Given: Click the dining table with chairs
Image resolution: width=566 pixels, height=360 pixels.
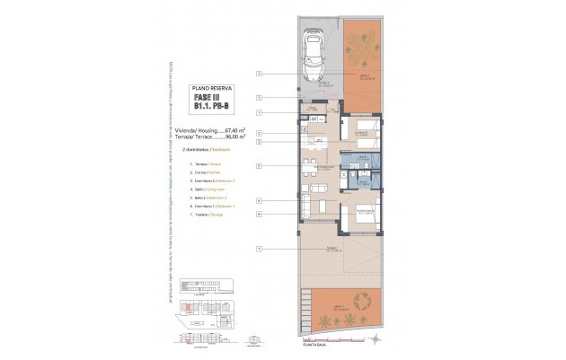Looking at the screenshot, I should (x=310, y=166).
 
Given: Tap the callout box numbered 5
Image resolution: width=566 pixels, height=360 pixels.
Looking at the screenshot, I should (x=258, y=166).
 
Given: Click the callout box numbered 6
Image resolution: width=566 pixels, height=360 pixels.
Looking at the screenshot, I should (x=258, y=215).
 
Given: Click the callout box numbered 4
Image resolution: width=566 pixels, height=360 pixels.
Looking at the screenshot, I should (x=258, y=200).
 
